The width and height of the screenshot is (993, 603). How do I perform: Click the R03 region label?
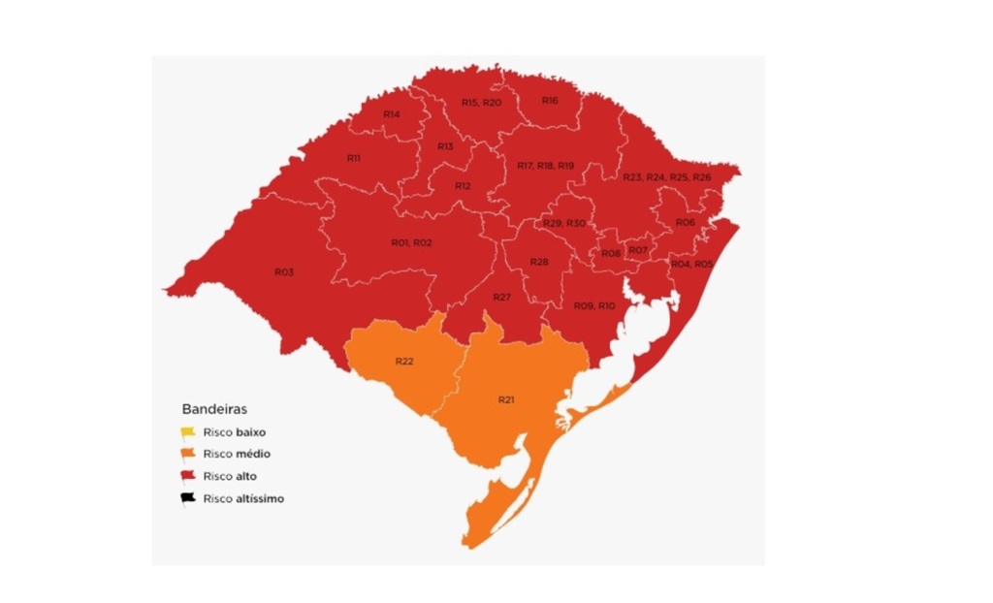(284, 272)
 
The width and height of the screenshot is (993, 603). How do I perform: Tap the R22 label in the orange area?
(404, 362)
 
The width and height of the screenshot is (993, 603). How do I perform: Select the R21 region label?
(506, 399)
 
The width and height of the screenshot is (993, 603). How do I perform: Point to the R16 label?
(550, 101)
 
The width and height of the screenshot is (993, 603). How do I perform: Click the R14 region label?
(392, 114)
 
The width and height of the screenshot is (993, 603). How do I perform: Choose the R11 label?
(354, 157)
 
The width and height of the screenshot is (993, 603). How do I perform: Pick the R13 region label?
(445, 146)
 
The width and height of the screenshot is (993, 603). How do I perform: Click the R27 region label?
(501, 297)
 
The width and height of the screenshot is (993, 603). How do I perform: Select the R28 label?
(540, 263)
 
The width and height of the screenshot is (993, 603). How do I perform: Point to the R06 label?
(686, 222)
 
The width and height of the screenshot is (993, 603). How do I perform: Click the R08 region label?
(611, 254)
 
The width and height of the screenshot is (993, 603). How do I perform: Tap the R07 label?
(637, 251)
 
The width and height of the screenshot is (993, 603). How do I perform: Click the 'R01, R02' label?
(411, 242)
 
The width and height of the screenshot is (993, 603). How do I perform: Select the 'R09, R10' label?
(593, 306)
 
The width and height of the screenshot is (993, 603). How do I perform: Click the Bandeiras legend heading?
(214, 409)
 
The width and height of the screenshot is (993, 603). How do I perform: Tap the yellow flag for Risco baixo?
(188, 432)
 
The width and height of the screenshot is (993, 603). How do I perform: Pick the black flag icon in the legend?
(188, 499)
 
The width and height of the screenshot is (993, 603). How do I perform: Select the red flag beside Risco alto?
(188, 477)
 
